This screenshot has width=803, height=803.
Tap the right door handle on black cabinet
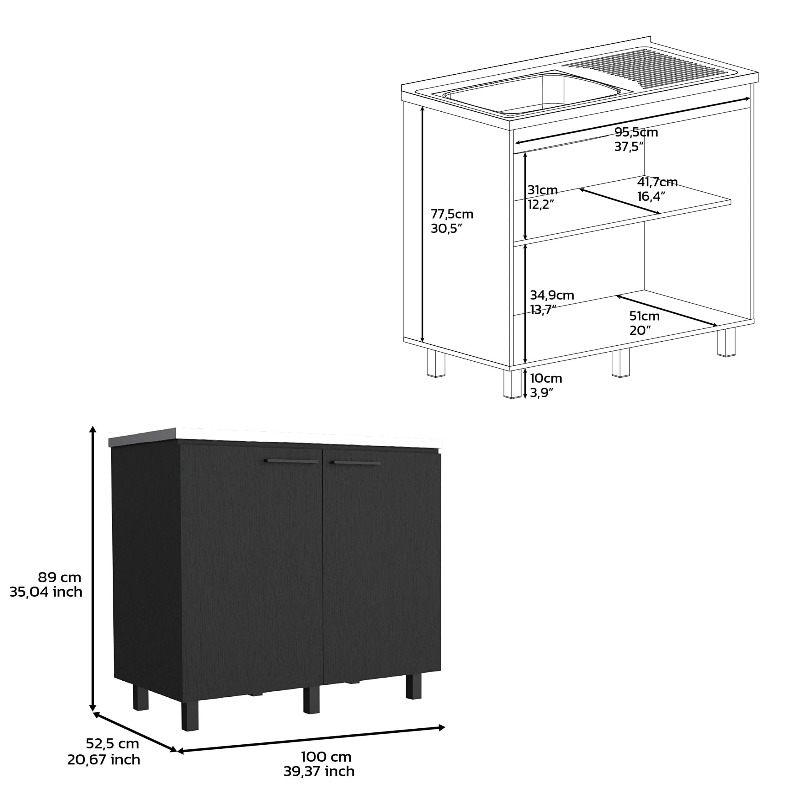click(x=355, y=463)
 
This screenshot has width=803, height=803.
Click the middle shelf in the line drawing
click(x=624, y=210)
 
